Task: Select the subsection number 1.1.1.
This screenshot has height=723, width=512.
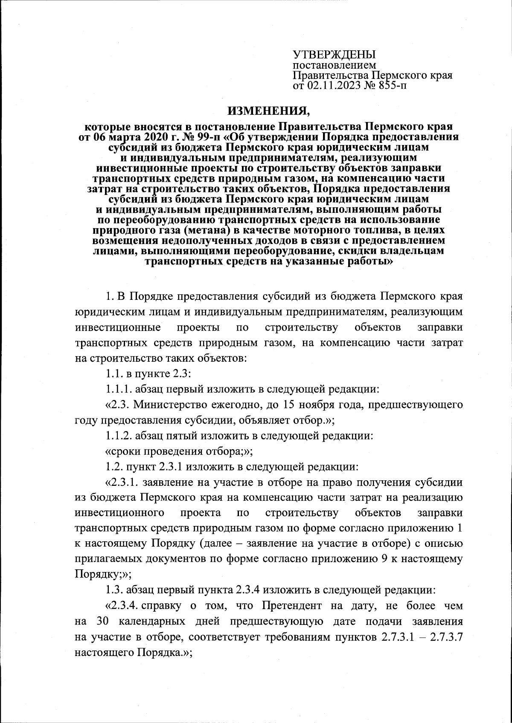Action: (x=120, y=389)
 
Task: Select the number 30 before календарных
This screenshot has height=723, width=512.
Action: (x=104, y=621)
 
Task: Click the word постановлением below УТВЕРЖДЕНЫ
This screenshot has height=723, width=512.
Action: (x=334, y=66)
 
